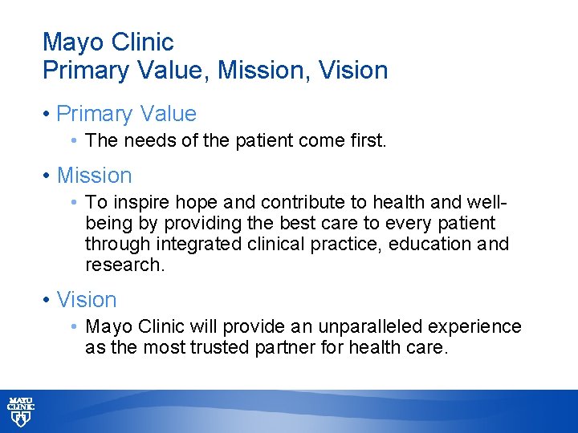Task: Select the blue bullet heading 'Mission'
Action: coord(94,176)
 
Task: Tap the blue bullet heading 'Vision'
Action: coord(87,301)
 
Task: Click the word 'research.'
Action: coord(124,265)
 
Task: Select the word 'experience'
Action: coord(474,327)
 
